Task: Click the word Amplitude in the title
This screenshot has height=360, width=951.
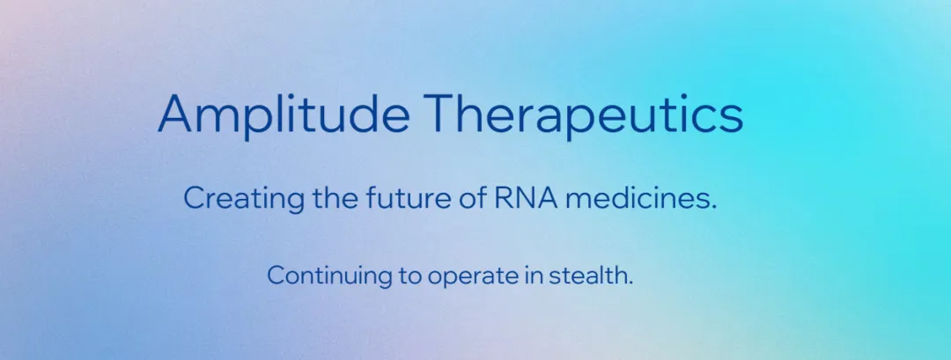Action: click(284, 115)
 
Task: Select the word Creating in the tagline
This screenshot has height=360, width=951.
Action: click(244, 199)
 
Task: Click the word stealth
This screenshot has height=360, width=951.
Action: click(591, 276)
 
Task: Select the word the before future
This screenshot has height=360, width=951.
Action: click(335, 197)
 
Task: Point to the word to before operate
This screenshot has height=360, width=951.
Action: click(410, 276)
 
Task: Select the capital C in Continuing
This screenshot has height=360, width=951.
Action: click(276, 276)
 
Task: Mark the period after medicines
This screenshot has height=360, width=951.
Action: click(713, 207)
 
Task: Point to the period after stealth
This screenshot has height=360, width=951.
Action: click(630, 283)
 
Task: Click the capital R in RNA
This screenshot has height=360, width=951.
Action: click(503, 198)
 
